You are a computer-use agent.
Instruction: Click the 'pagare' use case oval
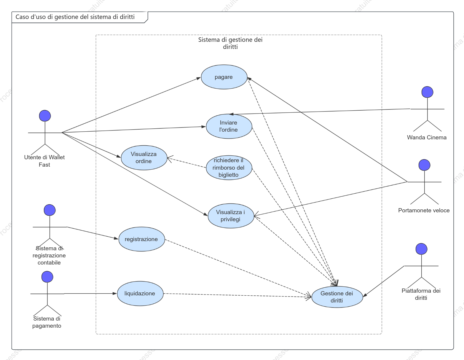click(x=224, y=77)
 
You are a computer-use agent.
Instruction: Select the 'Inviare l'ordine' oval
click(x=229, y=126)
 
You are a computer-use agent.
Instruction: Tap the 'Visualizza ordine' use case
click(x=144, y=157)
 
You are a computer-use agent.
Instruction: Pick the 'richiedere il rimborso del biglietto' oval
click(x=229, y=168)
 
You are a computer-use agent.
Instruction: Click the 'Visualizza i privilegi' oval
click(x=231, y=216)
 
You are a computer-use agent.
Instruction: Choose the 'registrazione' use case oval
click(x=141, y=239)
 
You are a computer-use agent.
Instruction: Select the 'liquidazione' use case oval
click(x=140, y=293)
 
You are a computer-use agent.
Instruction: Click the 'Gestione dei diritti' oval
click(x=337, y=297)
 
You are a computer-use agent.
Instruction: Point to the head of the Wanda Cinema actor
click(x=427, y=92)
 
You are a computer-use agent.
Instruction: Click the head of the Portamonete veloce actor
click(x=424, y=165)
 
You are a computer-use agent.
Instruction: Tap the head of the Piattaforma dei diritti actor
click(x=421, y=249)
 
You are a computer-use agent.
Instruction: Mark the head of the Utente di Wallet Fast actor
click(x=45, y=116)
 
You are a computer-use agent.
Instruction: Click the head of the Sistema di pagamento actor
click(x=47, y=277)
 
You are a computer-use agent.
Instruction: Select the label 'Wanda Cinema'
click(x=427, y=137)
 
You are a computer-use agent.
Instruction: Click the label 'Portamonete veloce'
click(x=424, y=210)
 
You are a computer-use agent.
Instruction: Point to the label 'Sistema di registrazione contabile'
click(x=49, y=255)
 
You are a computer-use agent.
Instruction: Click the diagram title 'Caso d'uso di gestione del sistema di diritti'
click(x=75, y=17)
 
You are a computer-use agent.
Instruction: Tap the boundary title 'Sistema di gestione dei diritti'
click(x=230, y=43)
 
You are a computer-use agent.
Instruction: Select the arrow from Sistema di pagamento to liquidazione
click(x=90, y=294)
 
